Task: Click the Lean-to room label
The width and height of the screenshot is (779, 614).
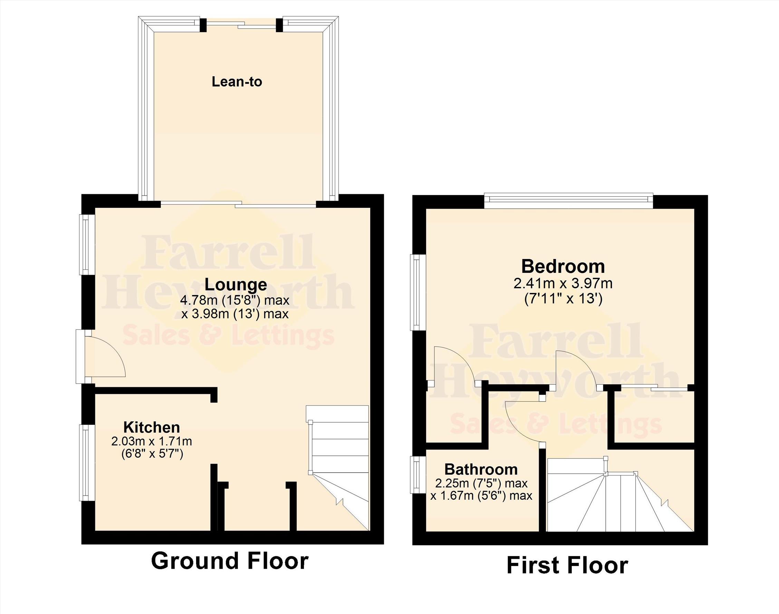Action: [237, 81]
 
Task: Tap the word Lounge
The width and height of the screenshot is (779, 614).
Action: [236, 284]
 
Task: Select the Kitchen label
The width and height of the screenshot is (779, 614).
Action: [152, 427]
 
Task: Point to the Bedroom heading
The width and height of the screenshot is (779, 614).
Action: [563, 266]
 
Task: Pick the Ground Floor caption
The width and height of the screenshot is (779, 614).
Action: [230, 560]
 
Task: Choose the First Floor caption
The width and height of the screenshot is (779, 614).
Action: [567, 565]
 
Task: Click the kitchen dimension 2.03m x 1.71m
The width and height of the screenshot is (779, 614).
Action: [152, 441]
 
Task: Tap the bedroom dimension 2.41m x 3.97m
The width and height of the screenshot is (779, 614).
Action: [563, 284]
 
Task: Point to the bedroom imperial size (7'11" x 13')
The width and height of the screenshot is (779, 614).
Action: [563, 299]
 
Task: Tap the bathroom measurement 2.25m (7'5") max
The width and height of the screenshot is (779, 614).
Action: [481, 483]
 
